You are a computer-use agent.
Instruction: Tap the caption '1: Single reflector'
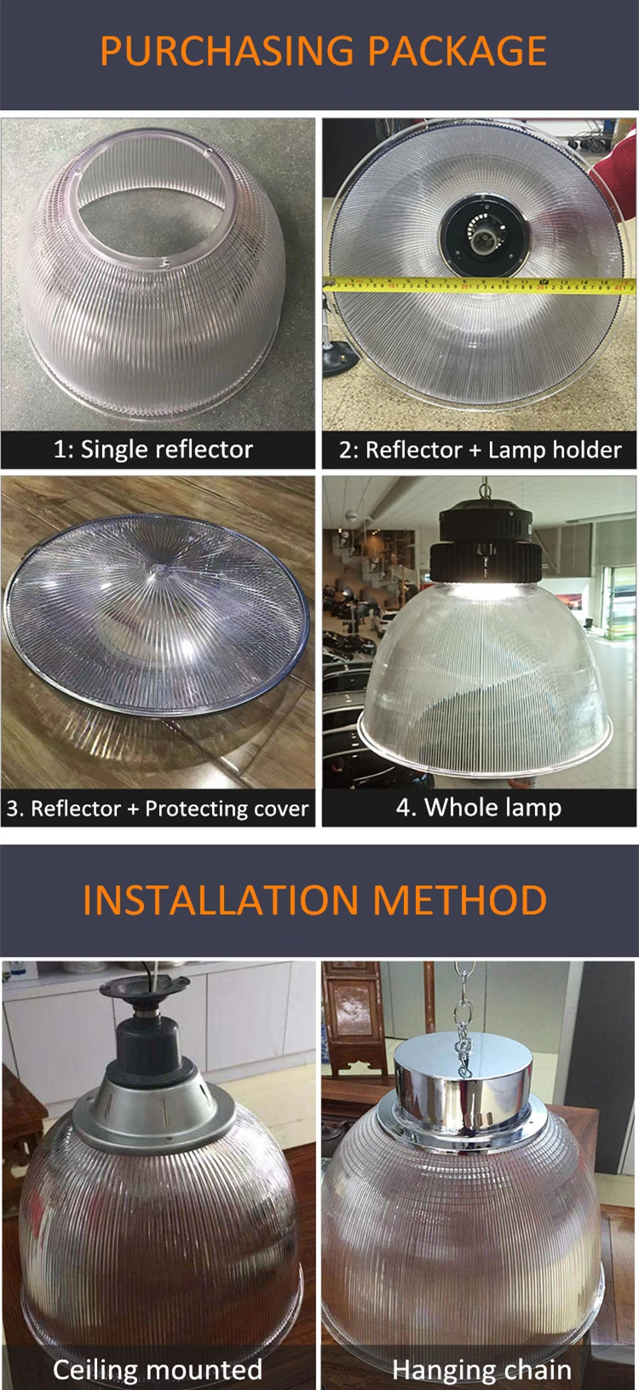(153, 449)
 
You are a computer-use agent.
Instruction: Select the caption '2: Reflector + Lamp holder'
(480, 449)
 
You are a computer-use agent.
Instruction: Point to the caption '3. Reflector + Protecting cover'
(158, 808)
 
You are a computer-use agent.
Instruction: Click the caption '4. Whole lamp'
(479, 807)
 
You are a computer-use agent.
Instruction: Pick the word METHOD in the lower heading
(460, 901)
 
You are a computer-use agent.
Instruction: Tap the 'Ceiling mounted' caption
(158, 1369)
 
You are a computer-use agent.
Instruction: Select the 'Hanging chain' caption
(481, 1370)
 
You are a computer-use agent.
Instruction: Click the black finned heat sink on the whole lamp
(485, 559)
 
